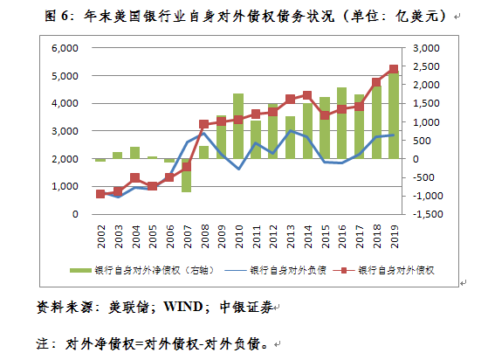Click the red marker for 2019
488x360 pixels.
point(393,69)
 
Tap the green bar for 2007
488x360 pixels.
point(187,175)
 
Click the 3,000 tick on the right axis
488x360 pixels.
point(426,48)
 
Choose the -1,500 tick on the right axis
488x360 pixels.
point(424,214)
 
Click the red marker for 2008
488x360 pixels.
point(203,124)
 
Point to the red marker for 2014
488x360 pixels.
point(306,95)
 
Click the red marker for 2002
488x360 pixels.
point(100,193)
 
